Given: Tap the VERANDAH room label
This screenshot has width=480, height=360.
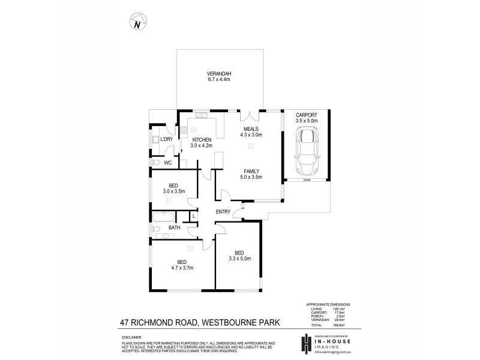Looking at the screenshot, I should pos(219,74).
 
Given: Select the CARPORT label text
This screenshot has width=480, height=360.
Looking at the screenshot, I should pos(306,115).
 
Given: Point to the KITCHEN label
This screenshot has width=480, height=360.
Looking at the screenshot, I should pos(202,139).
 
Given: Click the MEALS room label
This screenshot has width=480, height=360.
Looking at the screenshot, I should pos(251,129).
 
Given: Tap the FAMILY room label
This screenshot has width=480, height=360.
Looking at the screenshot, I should pos(251,171).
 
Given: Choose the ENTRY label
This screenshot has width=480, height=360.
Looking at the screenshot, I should pos(223,211).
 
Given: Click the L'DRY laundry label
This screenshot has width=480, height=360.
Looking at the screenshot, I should pos(167,139).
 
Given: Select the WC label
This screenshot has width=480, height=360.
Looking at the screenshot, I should pos(168,162).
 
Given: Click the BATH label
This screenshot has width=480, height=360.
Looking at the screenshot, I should pos(174,228).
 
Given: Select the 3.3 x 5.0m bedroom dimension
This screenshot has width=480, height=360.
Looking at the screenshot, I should pos(239,259).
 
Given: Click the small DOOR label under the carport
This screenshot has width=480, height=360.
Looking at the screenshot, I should pos(307,180).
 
